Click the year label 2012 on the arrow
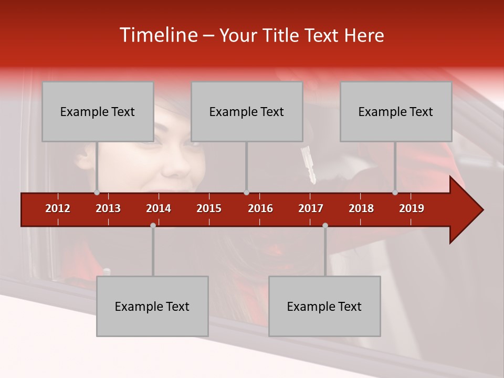point(58,208)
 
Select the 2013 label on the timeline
point(108,208)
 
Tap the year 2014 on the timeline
point(159,208)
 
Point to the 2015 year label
point(209,208)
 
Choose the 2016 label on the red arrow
point(260,208)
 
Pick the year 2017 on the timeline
point(311,208)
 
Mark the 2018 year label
point(361,208)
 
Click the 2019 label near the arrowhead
point(412,208)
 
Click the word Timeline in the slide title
point(158,35)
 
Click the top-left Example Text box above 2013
point(98,111)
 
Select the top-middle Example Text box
point(247,111)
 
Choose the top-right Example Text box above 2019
point(396,111)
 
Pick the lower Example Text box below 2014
point(152,306)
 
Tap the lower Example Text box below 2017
point(324,306)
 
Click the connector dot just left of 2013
point(97,193)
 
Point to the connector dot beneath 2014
point(153,225)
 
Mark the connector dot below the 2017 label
point(325,225)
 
